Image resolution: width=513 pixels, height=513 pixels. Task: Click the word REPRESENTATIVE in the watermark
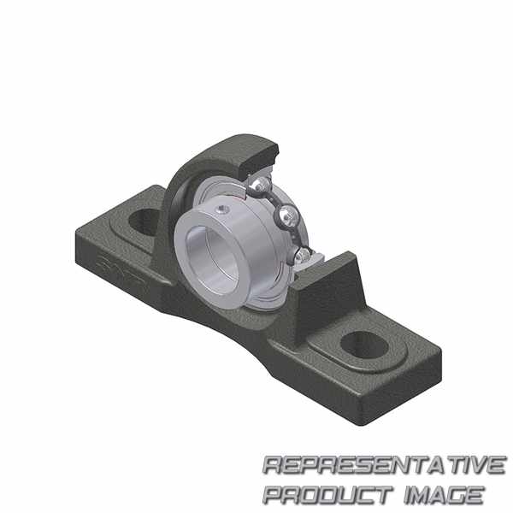(385, 464)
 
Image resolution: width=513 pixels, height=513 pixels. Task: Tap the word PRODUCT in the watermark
(327, 495)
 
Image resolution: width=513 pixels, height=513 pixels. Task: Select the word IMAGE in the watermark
(444, 495)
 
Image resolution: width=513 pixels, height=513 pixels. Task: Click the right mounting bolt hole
(364, 345)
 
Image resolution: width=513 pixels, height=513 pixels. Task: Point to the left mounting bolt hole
(144, 221)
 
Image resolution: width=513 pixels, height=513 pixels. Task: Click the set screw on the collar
(222, 209)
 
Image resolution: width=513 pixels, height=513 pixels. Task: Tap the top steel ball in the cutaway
(261, 186)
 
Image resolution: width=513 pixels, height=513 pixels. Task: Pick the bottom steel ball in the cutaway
(302, 256)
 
